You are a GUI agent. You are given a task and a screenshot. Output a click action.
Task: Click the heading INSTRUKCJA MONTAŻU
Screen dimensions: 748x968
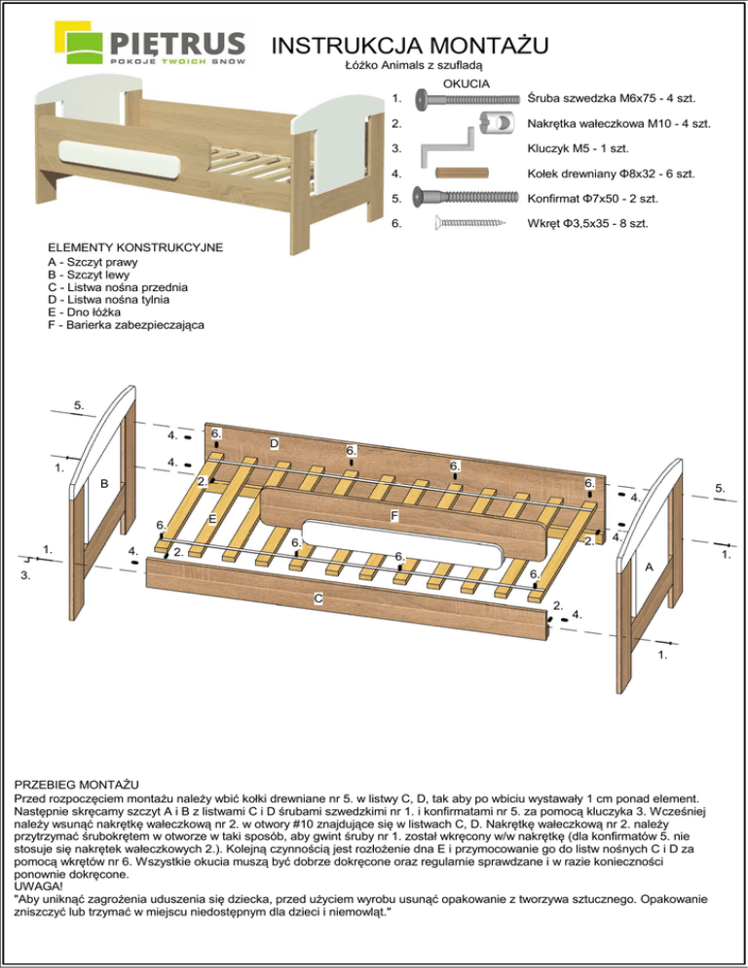[408, 45]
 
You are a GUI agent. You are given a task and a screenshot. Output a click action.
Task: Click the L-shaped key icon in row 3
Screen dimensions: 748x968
[449, 150]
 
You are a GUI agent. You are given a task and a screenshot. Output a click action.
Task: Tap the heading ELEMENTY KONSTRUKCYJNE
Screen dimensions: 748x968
[135, 248]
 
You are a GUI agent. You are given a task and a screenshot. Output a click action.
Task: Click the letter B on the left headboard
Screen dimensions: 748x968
[103, 483]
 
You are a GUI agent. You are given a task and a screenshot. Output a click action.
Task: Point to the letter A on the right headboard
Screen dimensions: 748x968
[648, 567]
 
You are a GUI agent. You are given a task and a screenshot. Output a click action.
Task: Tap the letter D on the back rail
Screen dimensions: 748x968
[275, 444]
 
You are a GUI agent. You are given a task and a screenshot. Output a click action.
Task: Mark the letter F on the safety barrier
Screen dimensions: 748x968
[393, 513]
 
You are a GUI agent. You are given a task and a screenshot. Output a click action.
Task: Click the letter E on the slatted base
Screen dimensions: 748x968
[210, 519]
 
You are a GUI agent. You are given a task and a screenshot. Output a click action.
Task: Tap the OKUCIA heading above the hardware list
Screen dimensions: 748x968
[466, 84]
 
